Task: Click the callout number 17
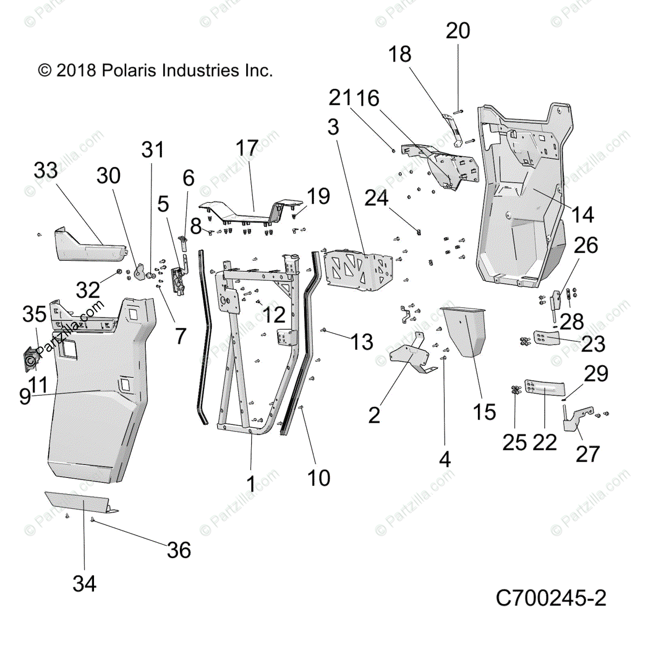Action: click(247, 148)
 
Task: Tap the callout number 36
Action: click(179, 550)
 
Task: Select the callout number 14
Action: click(582, 214)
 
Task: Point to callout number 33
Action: click(45, 170)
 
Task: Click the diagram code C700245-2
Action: click(551, 598)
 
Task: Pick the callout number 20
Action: click(458, 31)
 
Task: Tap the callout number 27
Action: click(588, 454)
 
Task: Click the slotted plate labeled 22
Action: click(543, 389)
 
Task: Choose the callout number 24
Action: click(376, 198)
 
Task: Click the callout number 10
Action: click(319, 478)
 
